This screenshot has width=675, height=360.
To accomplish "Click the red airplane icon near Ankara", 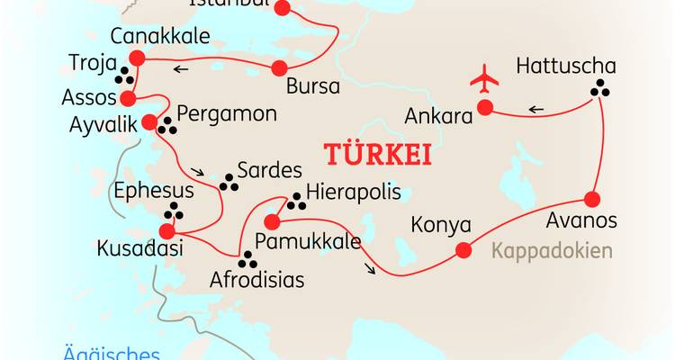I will click(484, 79).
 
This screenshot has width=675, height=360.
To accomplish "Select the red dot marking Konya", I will click(463, 251).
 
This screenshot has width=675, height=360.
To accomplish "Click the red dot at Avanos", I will click(592, 199).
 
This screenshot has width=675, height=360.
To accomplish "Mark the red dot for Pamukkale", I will click(270, 220).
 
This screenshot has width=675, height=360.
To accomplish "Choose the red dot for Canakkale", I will click(138, 58).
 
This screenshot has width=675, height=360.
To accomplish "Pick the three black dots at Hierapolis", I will click(293, 201).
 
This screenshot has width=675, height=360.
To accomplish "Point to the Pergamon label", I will click(226, 115).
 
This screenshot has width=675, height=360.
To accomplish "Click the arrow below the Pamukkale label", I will click(371, 267).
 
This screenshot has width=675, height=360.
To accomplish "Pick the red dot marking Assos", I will click(128, 99).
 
